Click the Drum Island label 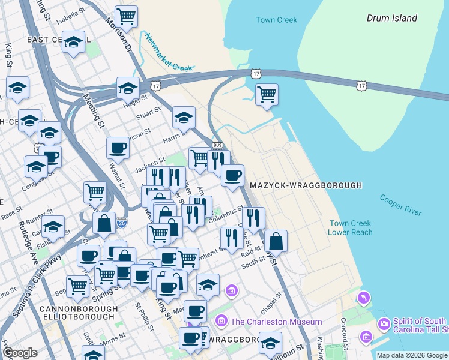[x=391, y=18]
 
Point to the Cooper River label [x=400, y=205]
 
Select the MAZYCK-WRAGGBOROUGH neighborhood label [x=306, y=185]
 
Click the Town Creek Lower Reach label [x=351, y=228]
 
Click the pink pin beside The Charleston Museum [x=221, y=322]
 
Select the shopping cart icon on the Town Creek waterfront [x=266, y=94]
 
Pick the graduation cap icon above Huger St [x=128, y=88]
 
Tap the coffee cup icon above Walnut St [x=118, y=147]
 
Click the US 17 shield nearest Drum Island [x=361, y=86]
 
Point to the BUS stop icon [x=217, y=145]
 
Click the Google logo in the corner [x=20, y=353]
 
